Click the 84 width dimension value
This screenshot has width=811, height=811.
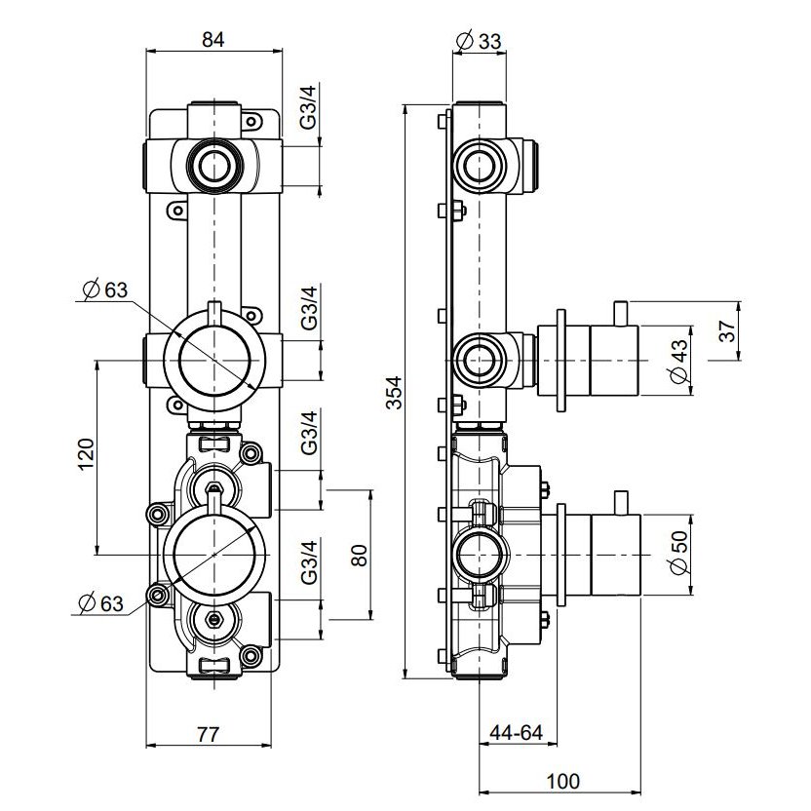click(x=213, y=40)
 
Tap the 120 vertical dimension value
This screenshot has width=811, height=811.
click(x=86, y=455)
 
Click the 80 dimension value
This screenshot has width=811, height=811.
click(x=359, y=554)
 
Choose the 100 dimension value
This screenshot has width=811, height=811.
click(x=563, y=780)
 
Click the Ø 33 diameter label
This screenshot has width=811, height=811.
click(x=478, y=41)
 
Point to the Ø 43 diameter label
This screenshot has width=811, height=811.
click(x=680, y=360)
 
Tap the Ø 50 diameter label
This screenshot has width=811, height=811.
click(x=680, y=553)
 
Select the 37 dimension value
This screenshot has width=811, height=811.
click(x=726, y=331)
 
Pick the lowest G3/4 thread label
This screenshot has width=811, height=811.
click(x=308, y=563)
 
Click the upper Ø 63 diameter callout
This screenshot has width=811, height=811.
click(x=105, y=290)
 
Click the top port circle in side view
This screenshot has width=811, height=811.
click(x=480, y=165)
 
